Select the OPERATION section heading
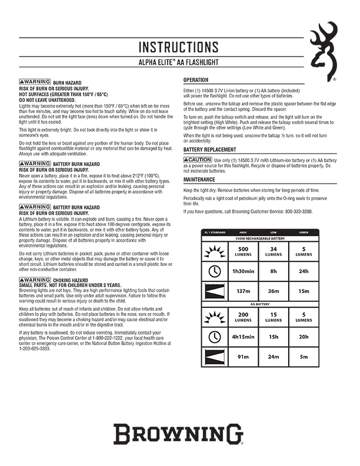(x=196, y=80)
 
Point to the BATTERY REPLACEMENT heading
(x=210, y=150)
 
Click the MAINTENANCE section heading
(x=199, y=179)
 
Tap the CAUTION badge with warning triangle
(x=198, y=159)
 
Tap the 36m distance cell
(x=272, y=291)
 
